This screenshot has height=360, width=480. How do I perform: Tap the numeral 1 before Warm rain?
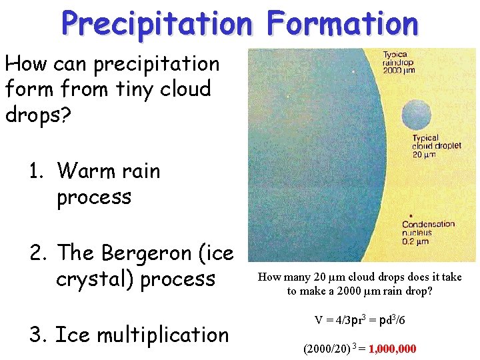click(35, 171)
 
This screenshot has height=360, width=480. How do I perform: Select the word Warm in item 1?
click(83, 171)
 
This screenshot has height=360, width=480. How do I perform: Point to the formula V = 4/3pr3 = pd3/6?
click(360, 321)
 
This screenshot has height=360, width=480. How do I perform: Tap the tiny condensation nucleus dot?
click(411, 215)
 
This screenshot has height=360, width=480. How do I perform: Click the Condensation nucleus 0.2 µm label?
click(427, 232)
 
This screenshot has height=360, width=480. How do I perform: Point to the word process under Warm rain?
click(94, 197)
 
